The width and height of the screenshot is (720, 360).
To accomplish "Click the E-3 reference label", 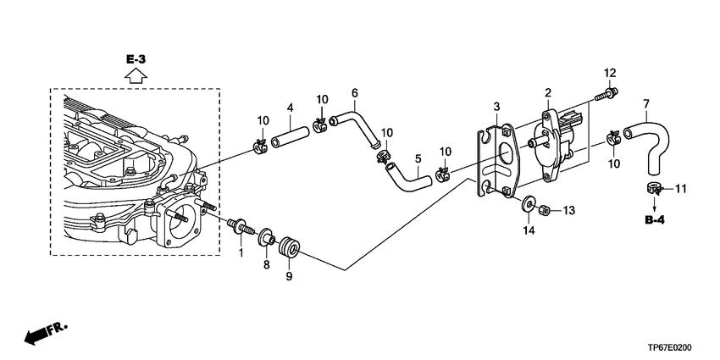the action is pos(136,59).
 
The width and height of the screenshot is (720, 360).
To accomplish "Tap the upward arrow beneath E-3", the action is pos(136,75).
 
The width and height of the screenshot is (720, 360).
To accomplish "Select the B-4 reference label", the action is pos(654,220).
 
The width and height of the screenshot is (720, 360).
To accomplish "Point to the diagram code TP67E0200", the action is pos(673,348).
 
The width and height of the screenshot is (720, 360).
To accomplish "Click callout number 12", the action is pos(610,73).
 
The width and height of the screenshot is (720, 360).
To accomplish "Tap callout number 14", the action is pos(529,231).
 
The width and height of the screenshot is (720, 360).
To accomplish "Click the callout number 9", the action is pos(289,276).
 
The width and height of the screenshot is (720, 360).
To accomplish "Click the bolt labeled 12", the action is pos(606,94).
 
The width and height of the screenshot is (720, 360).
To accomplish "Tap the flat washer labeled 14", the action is pos(529,204).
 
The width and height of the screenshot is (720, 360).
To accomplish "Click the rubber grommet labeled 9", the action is pos(291,247).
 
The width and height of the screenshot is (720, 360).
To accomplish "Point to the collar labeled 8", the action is pos(267,237).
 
